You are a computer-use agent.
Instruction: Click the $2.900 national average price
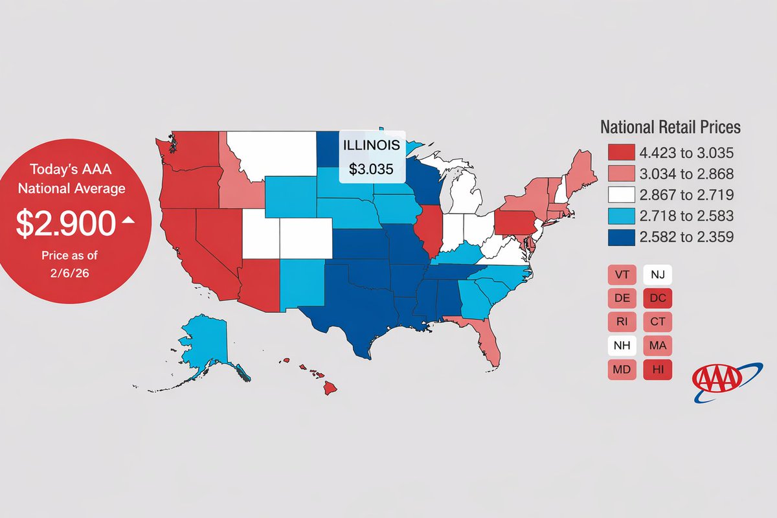[x=65, y=223]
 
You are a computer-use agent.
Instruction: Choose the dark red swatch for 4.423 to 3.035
[x=620, y=153]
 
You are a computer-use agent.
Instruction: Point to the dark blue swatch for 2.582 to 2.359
[x=620, y=237]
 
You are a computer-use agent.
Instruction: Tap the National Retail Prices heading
[x=670, y=128]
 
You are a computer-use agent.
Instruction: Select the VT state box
[x=623, y=275]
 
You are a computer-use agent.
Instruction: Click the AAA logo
[x=719, y=382]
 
